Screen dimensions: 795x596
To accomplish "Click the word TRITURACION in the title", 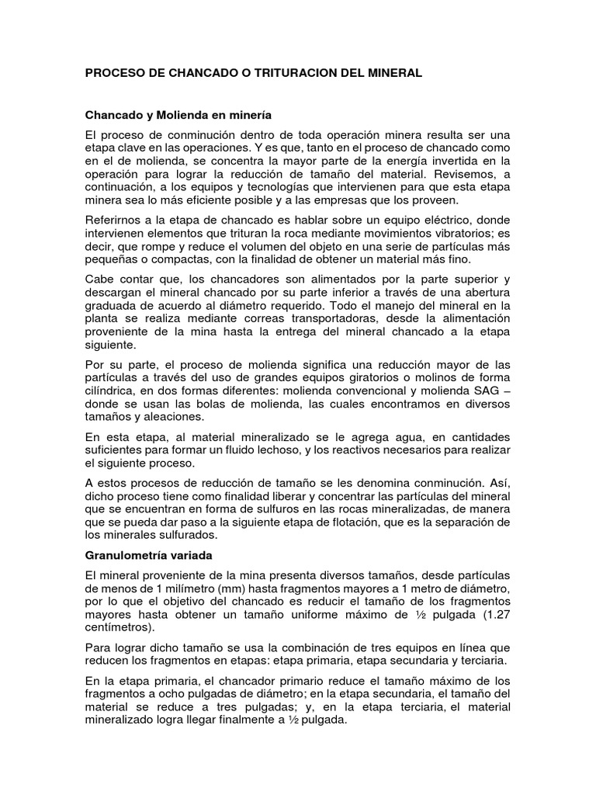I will [279, 73].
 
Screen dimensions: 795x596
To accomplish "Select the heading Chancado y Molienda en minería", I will [178, 114].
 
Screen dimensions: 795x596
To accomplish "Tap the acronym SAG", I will [483, 391].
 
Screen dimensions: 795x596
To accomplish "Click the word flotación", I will [371, 522].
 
